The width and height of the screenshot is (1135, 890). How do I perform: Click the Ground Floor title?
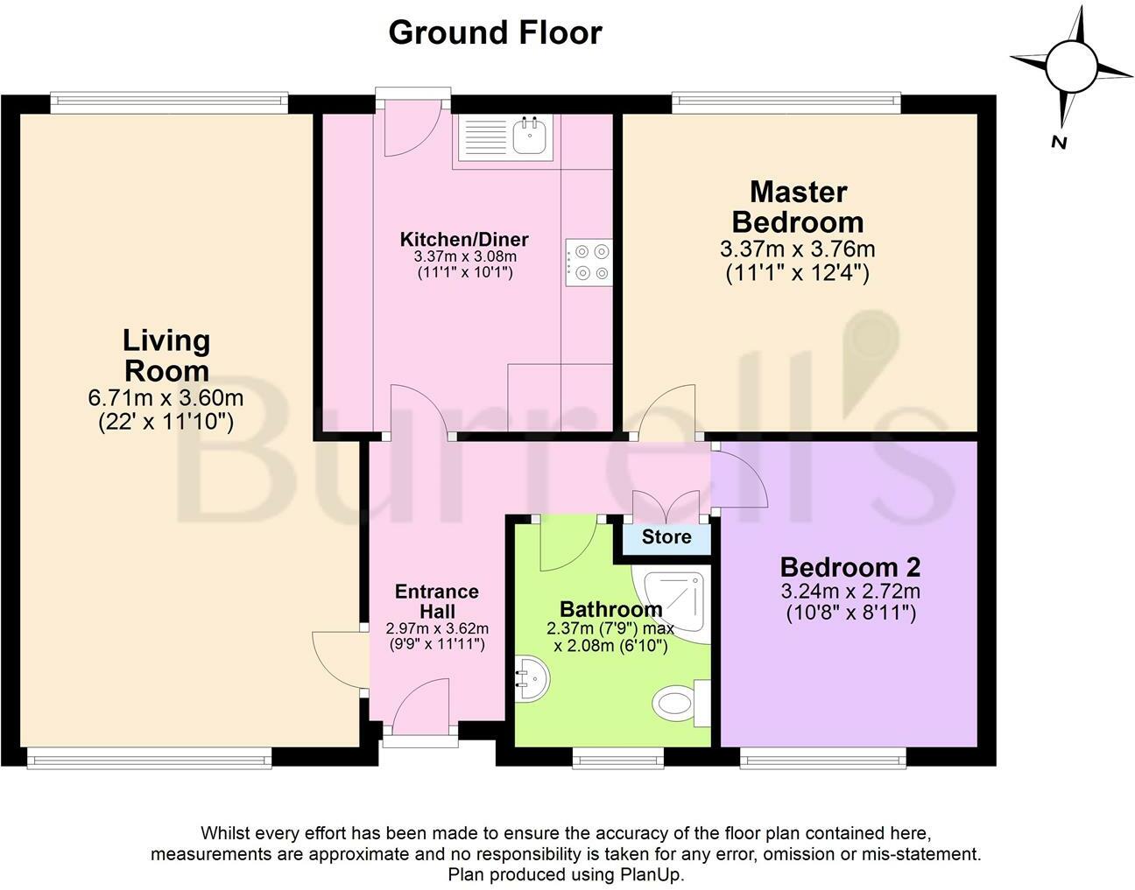coord(495,32)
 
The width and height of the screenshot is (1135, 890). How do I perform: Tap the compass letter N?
coord(1059,143)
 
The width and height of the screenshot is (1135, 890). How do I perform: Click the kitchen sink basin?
coord(532,135)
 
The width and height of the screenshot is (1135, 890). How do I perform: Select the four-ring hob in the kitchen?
coord(589,263)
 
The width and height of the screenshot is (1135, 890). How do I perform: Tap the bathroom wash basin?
coord(532,679)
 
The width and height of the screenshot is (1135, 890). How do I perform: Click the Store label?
coord(666,536)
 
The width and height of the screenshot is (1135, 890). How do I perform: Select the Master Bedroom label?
coord(798,207)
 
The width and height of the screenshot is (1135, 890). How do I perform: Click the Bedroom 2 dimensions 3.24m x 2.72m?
coord(850,592)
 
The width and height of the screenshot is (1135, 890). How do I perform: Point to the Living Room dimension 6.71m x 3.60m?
coord(166,398)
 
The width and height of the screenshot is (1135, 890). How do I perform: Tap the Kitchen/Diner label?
coord(464,240)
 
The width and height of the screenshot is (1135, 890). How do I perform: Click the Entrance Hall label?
coord(437,601)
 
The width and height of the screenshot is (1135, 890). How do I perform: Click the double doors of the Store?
coord(666,505)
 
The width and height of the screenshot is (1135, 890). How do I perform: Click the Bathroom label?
coord(611,609)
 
